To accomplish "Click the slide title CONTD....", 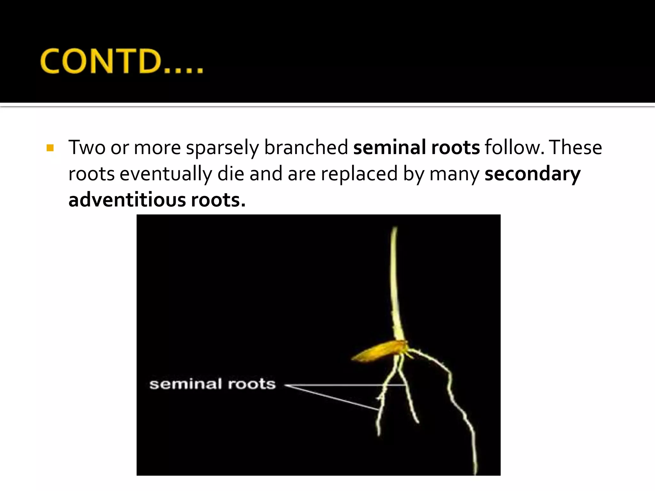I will pyautogui.click(x=122, y=61).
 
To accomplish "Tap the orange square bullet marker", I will pyautogui.click(x=50, y=148).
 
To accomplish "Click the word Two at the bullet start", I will pyautogui.click(x=87, y=148).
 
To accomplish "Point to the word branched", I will pyautogui.click(x=306, y=148).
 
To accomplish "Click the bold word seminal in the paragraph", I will pyautogui.click(x=389, y=148).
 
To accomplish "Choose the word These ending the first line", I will pyautogui.click(x=576, y=148).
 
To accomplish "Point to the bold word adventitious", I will pyautogui.click(x=127, y=200).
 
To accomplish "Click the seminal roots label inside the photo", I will pyautogui.click(x=212, y=384).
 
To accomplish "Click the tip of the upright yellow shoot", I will pyautogui.click(x=395, y=229).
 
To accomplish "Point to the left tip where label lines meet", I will pyautogui.click(x=286, y=386).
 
